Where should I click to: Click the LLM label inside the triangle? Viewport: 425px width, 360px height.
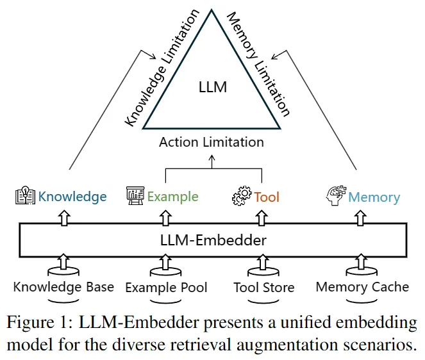click(213, 86)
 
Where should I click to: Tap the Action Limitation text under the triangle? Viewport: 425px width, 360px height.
click(212, 142)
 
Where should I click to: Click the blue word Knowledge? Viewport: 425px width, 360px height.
click(72, 197)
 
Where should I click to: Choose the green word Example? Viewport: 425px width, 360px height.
click(173, 197)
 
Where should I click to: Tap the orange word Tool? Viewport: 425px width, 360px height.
click(267, 197)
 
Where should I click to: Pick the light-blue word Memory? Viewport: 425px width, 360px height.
click(374, 197)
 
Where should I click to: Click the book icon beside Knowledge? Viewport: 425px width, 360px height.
click(24, 196)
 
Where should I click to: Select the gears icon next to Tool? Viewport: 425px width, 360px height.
click(241, 197)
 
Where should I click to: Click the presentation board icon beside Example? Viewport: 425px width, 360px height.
click(135, 196)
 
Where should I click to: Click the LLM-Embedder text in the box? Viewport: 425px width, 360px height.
click(212, 241)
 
